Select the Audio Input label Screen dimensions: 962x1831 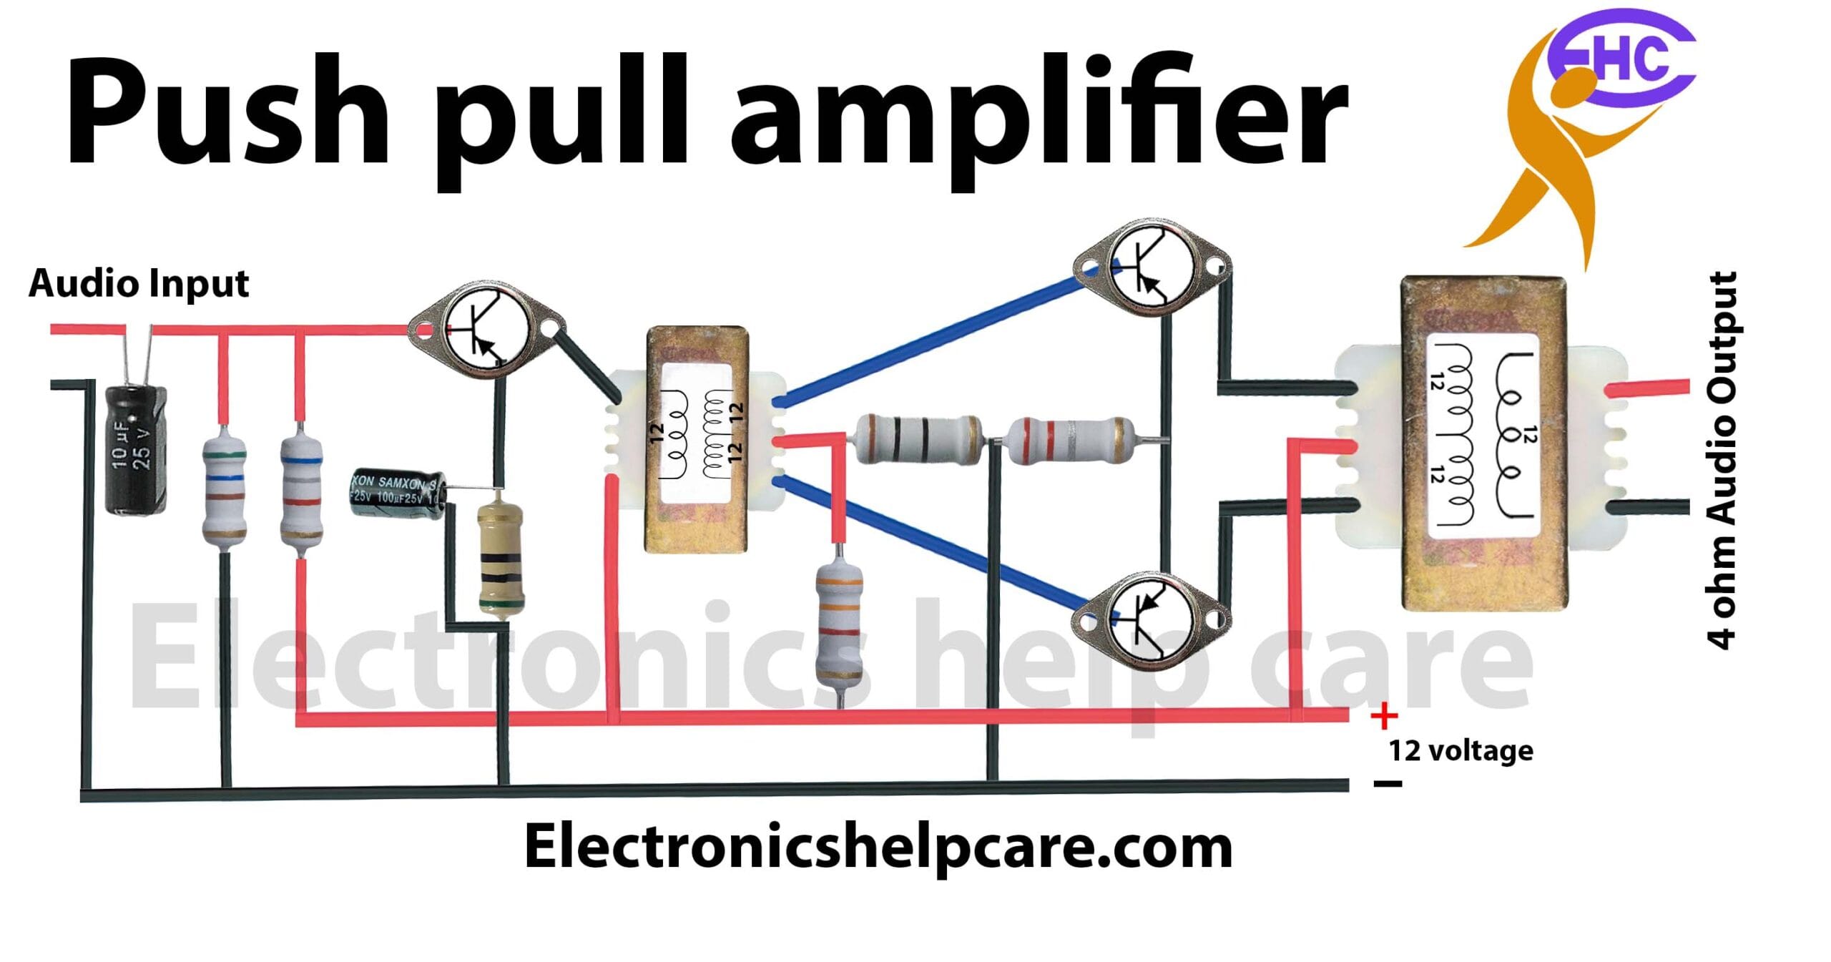(x=139, y=283)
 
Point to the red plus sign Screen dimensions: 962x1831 (x=1384, y=715)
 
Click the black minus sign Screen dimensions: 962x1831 (x=1388, y=783)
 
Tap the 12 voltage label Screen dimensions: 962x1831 (x=1461, y=751)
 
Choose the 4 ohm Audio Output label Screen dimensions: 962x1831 (x=1722, y=461)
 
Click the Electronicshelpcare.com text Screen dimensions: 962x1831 (x=878, y=847)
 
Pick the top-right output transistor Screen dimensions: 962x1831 (x=1152, y=267)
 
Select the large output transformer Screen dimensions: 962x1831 (x=1482, y=443)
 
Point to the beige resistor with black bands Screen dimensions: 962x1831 (x=500, y=559)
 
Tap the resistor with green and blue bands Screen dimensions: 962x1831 (x=225, y=488)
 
